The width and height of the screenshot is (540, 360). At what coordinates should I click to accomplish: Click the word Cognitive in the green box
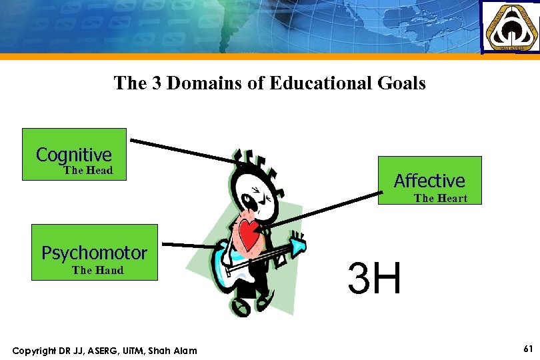[x=74, y=155]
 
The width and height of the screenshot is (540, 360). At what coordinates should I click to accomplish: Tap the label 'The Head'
[x=88, y=171]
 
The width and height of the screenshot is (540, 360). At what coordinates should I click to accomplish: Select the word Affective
[x=429, y=181]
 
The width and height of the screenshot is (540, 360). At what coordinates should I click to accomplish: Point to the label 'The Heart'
[x=441, y=199]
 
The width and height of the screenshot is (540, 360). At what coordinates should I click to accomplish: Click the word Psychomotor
[x=94, y=253]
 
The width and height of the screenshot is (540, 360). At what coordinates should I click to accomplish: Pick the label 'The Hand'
[x=97, y=271]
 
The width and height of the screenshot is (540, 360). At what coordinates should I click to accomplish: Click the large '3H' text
[x=374, y=279]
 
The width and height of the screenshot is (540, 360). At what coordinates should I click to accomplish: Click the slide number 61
[x=528, y=349]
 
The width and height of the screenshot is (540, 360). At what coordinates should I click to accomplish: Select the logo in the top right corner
[x=510, y=27]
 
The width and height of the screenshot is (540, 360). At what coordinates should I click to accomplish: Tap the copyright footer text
[x=105, y=351]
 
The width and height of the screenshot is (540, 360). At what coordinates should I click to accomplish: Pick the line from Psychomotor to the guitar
[x=190, y=245]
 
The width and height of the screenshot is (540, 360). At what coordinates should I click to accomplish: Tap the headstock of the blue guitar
[x=297, y=247]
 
